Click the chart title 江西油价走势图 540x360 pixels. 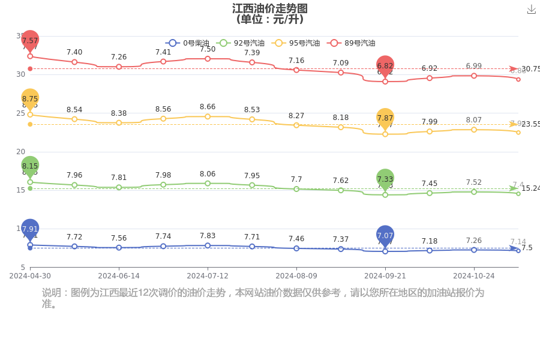(x=270, y=8)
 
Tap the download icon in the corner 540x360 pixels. (x=531, y=9)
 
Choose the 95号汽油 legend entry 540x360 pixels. (x=296, y=43)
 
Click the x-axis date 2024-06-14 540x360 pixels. (x=119, y=276)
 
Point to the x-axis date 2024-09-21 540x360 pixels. (x=385, y=276)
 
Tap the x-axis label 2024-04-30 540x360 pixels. (x=30, y=276)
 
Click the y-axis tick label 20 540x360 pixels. (x=21, y=152)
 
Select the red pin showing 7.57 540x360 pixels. (x=30, y=41)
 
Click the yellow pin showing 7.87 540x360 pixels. (x=385, y=118)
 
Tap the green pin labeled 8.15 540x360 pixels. (x=30, y=166)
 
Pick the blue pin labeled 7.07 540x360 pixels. (x=385, y=236)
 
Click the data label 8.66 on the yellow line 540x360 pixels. (x=208, y=107)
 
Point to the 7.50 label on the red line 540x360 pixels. (x=208, y=49)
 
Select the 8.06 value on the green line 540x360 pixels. (x=208, y=173)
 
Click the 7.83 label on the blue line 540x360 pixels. (x=208, y=236)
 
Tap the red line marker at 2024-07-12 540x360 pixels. (x=208, y=59)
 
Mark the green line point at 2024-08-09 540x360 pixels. (x=296, y=189)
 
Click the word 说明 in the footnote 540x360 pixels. (x=51, y=293)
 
